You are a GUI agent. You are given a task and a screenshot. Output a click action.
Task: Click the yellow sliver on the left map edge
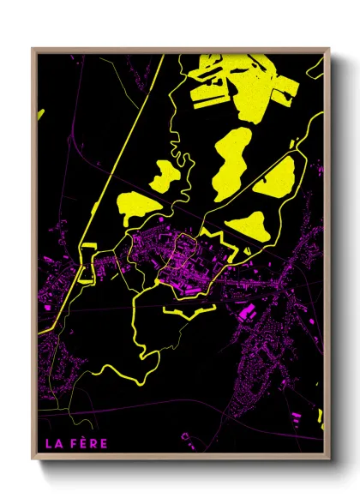pyautogui.click(x=39, y=113)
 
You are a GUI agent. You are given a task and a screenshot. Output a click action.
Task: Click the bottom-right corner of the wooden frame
pyautogui.click(x=328, y=459)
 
